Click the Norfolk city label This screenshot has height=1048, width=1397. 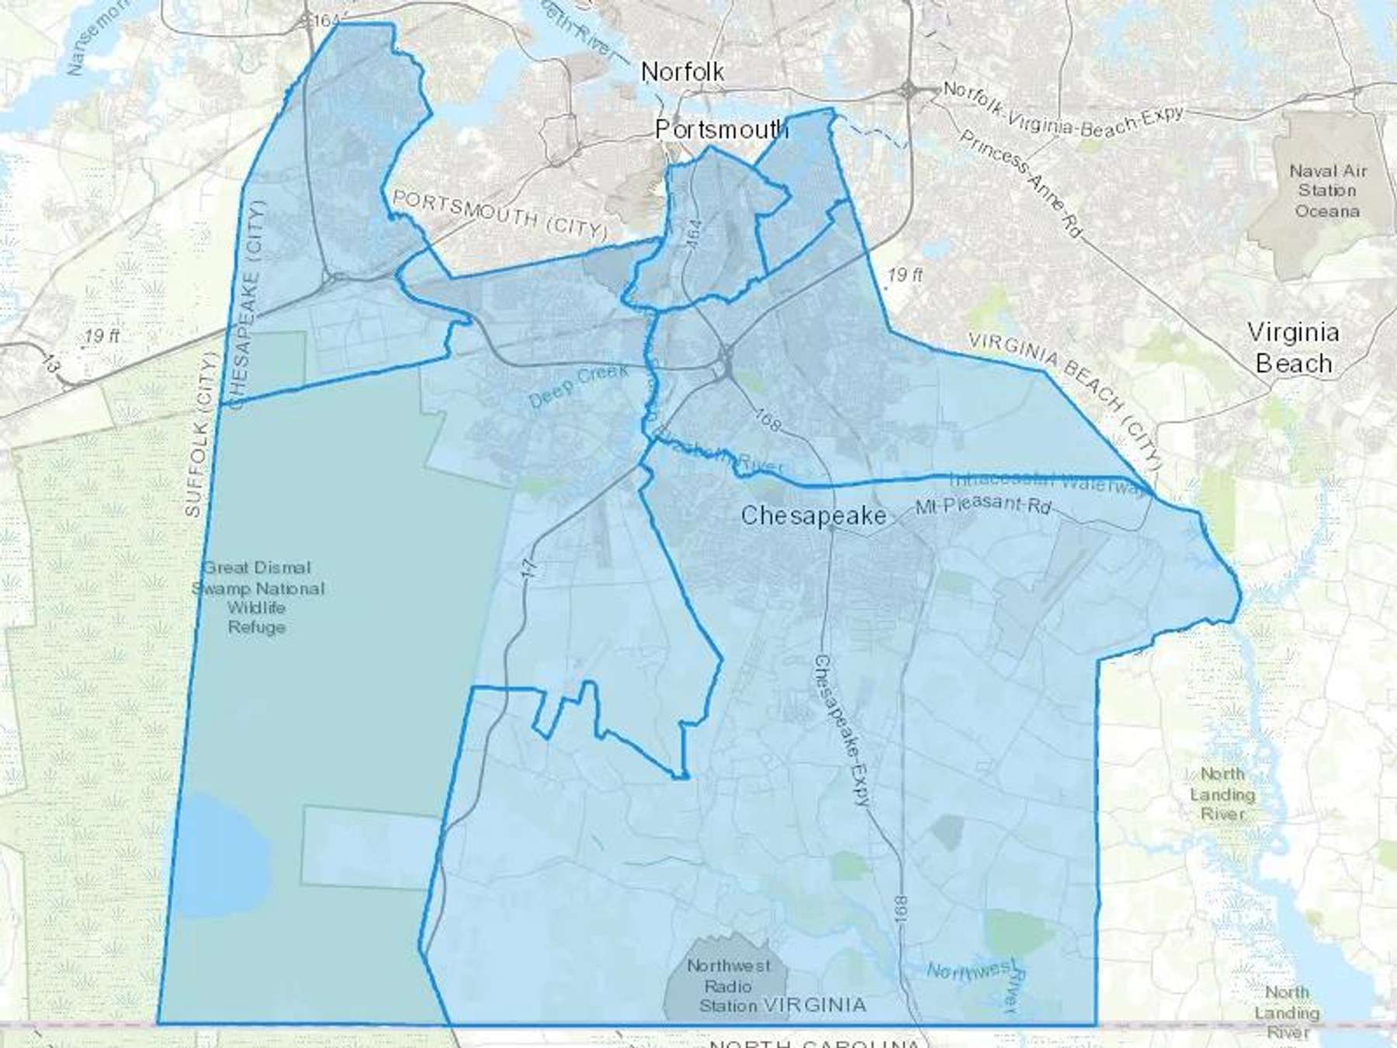pyautogui.click(x=682, y=72)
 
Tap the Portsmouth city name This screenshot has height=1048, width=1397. pyautogui.click(x=721, y=130)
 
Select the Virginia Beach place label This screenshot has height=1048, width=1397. pyautogui.click(x=1293, y=348)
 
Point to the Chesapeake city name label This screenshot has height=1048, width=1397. pyautogui.click(x=813, y=516)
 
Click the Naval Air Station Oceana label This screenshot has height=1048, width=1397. pyautogui.click(x=1327, y=191)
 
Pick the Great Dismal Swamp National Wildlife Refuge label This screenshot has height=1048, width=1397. pyautogui.click(x=258, y=597)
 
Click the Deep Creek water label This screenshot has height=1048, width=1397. pyautogui.click(x=578, y=386)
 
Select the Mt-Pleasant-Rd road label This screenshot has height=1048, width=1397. pyautogui.click(x=983, y=505)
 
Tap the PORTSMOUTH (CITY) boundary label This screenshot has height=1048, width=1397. pyautogui.click(x=500, y=213)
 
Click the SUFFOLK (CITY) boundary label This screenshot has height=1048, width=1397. pyautogui.click(x=199, y=435)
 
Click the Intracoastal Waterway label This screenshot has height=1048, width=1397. pyautogui.click(x=1048, y=483)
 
